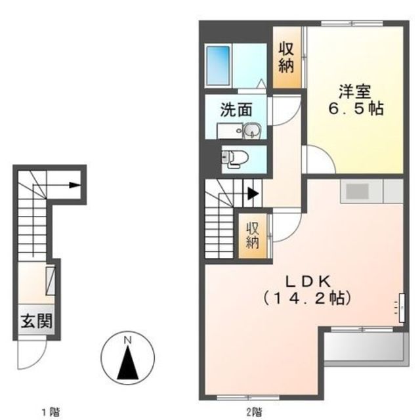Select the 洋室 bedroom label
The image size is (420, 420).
[353, 91]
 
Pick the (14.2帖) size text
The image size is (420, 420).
[308, 298]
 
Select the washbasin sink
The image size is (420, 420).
[250, 132]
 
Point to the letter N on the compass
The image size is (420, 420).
[129, 340]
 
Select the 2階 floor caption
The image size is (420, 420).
[255, 412]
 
